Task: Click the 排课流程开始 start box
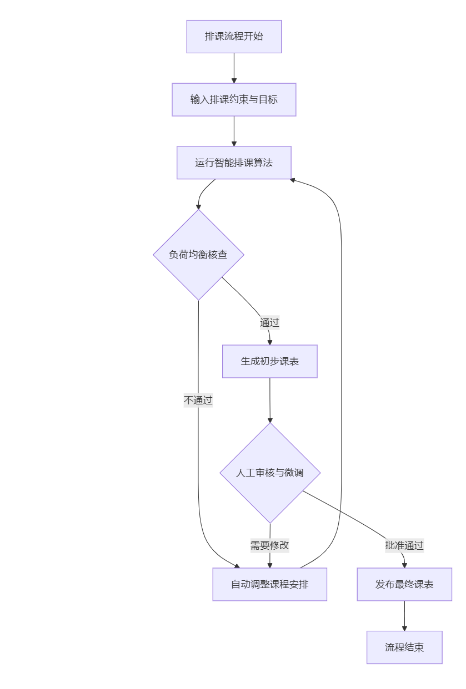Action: click(234, 37)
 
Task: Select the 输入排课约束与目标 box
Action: click(234, 100)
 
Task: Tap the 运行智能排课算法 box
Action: click(234, 163)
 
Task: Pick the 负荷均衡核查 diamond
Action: click(198, 255)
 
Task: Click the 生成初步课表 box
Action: click(270, 361)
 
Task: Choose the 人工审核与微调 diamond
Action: click(270, 473)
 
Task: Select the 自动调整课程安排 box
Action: click(270, 584)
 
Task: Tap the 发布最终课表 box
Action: click(404, 584)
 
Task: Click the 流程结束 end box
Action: click(404, 647)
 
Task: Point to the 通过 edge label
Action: click(269, 322)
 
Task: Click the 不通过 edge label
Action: click(198, 400)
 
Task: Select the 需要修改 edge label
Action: click(270, 545)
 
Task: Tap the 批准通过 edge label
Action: click(404, 545)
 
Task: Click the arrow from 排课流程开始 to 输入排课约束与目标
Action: click(234, 68)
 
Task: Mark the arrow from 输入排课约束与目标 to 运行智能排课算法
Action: click(234, 131)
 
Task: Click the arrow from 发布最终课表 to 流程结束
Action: click(404, 615)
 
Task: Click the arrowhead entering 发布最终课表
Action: click(404, 564)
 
